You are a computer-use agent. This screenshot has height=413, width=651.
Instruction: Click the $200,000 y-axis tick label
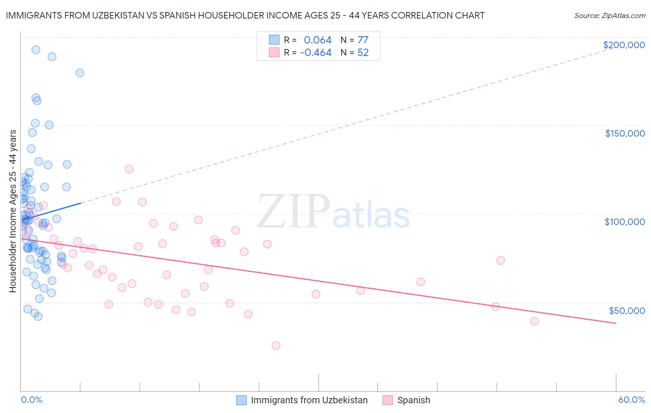tap(624, 45)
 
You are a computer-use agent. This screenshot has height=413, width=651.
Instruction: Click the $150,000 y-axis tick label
tap(625, 133)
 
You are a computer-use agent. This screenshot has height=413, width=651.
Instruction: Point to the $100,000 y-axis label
tap(625, 222)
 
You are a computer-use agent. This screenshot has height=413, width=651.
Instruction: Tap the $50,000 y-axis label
tap(626, 310)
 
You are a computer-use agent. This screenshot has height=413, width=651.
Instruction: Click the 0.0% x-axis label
tap(31, 400)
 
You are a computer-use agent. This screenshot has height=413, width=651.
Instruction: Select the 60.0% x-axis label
tap(632, 400)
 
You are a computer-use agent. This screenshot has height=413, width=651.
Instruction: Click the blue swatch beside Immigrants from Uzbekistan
tap(241, 400)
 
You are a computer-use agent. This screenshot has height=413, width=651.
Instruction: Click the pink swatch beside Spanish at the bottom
tap(388, 400)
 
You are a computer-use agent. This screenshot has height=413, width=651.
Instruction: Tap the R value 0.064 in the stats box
tap(318, 40)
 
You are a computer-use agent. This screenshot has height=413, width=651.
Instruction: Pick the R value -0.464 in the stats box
tap(316, 53)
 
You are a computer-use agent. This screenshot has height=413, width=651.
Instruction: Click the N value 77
tap(363, 40)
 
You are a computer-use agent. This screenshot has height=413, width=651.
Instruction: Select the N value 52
tap(363, 53)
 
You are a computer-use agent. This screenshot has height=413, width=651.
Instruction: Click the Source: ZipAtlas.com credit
tap(609, 16)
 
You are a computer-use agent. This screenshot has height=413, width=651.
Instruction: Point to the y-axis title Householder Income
tap(13, 211)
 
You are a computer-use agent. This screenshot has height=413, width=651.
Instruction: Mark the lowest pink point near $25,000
tap(276, 345)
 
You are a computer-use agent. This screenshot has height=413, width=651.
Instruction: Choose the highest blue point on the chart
tap(36, 50)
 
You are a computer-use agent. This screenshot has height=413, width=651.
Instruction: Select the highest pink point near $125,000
tap(129, 169)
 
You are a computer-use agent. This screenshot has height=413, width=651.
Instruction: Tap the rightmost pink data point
tap(535, 321)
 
